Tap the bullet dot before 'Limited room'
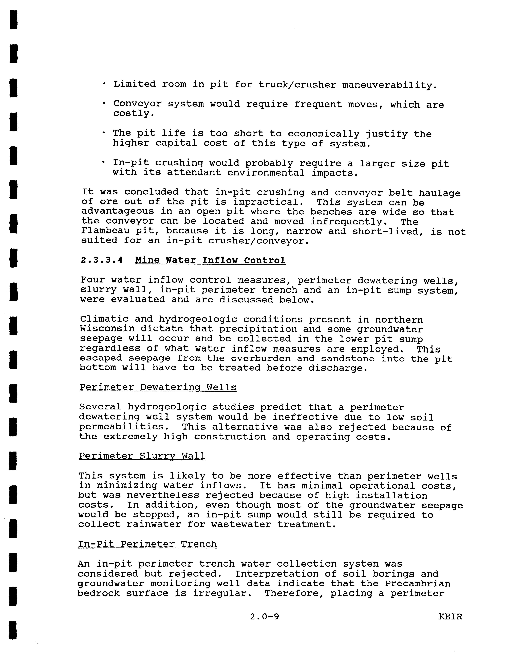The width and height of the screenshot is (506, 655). click(104, 84)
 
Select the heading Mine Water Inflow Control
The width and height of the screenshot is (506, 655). click(210, 260)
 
